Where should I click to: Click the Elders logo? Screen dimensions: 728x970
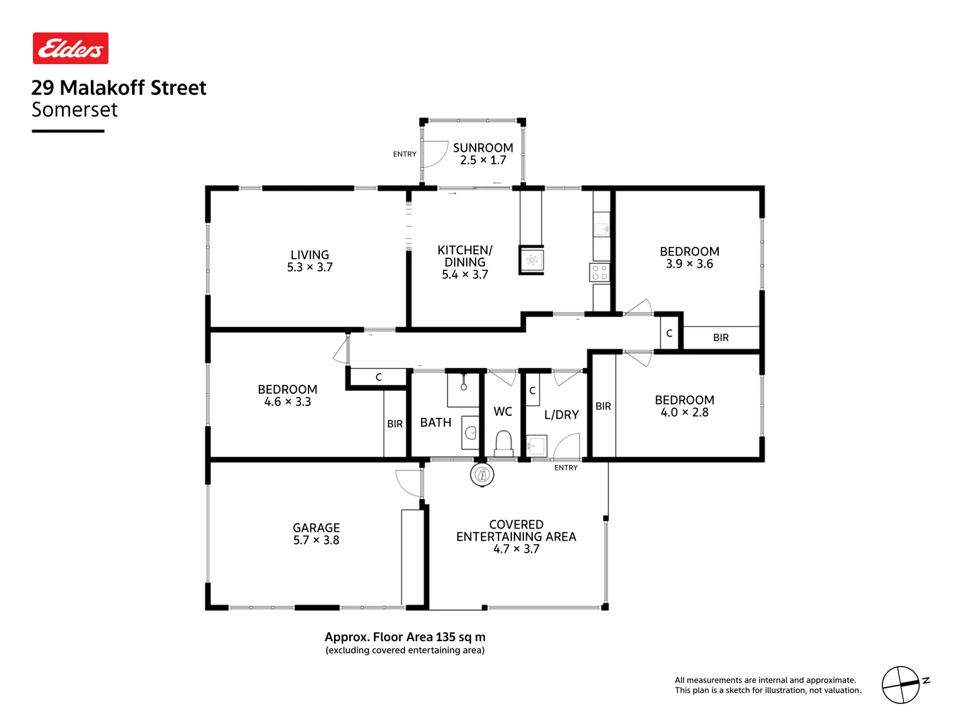(x=71, y=49)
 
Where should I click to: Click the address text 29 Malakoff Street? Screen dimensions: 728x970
(x=119, y=88)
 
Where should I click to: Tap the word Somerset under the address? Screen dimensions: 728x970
(x=75, y=110)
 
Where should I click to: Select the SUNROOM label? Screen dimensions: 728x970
(x=483, y=148)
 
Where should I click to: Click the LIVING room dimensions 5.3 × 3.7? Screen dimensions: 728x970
(x=310, y=268)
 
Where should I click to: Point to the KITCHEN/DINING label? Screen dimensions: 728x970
(x=465, y=256)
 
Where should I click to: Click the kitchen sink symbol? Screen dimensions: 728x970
(x=531, y=260)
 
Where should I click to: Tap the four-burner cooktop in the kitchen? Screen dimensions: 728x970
(x=600, y=272)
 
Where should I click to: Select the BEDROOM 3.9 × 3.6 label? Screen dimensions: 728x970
(x=689, y=257)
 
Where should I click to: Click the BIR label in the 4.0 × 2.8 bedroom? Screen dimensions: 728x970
(x=603, y=406)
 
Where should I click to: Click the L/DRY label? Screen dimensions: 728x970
(x=561, y=415)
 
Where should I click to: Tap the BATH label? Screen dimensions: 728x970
(x=436, y=423)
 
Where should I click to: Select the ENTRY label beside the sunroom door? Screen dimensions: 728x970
(x=405, y=154)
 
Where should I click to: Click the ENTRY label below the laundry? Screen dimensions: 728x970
(x=566, y=468)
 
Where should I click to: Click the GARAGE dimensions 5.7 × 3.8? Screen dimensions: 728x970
(x=316, y=541)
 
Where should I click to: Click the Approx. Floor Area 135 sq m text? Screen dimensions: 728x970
(x=405, y=637)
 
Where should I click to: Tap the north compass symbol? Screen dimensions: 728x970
(x=901, y=685)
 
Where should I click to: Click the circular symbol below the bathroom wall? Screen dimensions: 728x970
(x=482, y=475)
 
